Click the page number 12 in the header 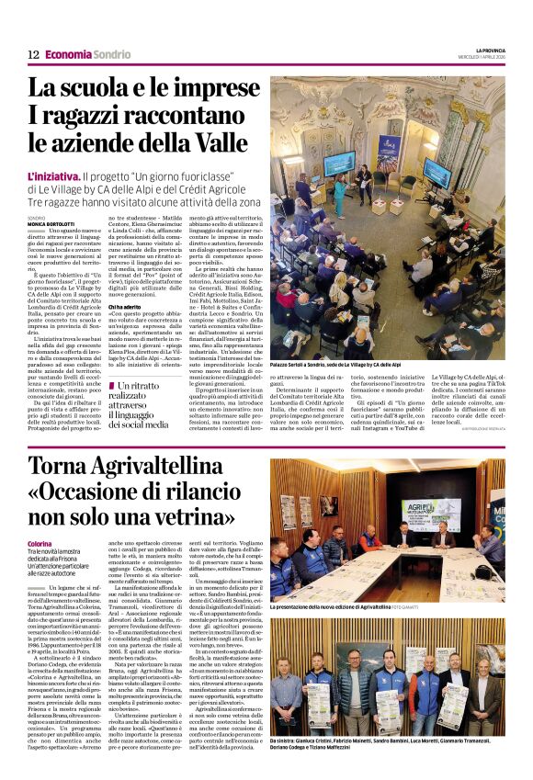coord(33,55)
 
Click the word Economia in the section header coord(69,55)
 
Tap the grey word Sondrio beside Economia coord(112,55)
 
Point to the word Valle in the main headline coord(223,143)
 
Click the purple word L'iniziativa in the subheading coord(52,175)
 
